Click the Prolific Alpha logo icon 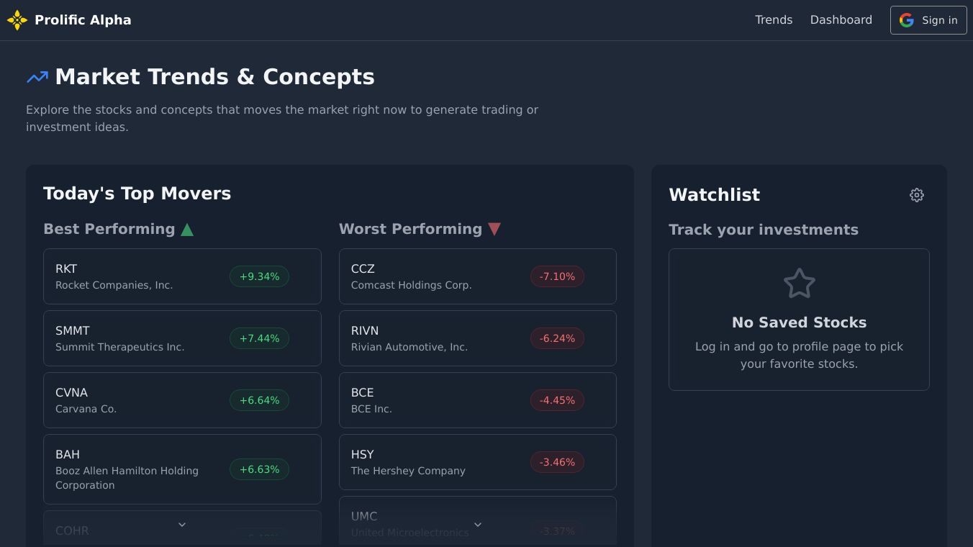[x=17, y=20]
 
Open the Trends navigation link [x=774, y=20]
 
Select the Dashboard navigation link [x=841, y=20]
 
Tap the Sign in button [x=928, y=20]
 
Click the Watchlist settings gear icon [x=916, y=195]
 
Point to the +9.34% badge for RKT [x=259, y=276]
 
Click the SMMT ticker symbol [x=73, y=331]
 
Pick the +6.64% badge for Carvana [x=259, y=400]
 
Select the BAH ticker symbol [x=68, y=455]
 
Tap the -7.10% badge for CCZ [x=557, y=276]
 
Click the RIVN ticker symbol [x=365, y=331]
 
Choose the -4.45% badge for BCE [x=557, y=400]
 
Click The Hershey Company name [x=408, y=471]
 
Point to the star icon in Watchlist [x=799, y=284]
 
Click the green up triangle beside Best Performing [x=187, y=230]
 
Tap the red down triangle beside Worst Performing [x=494, y=229]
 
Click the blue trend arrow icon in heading [x=37, y=77]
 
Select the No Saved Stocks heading [x=799, y=322]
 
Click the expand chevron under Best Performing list [x=182, y=525]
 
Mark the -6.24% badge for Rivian [x=557, y=338]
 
